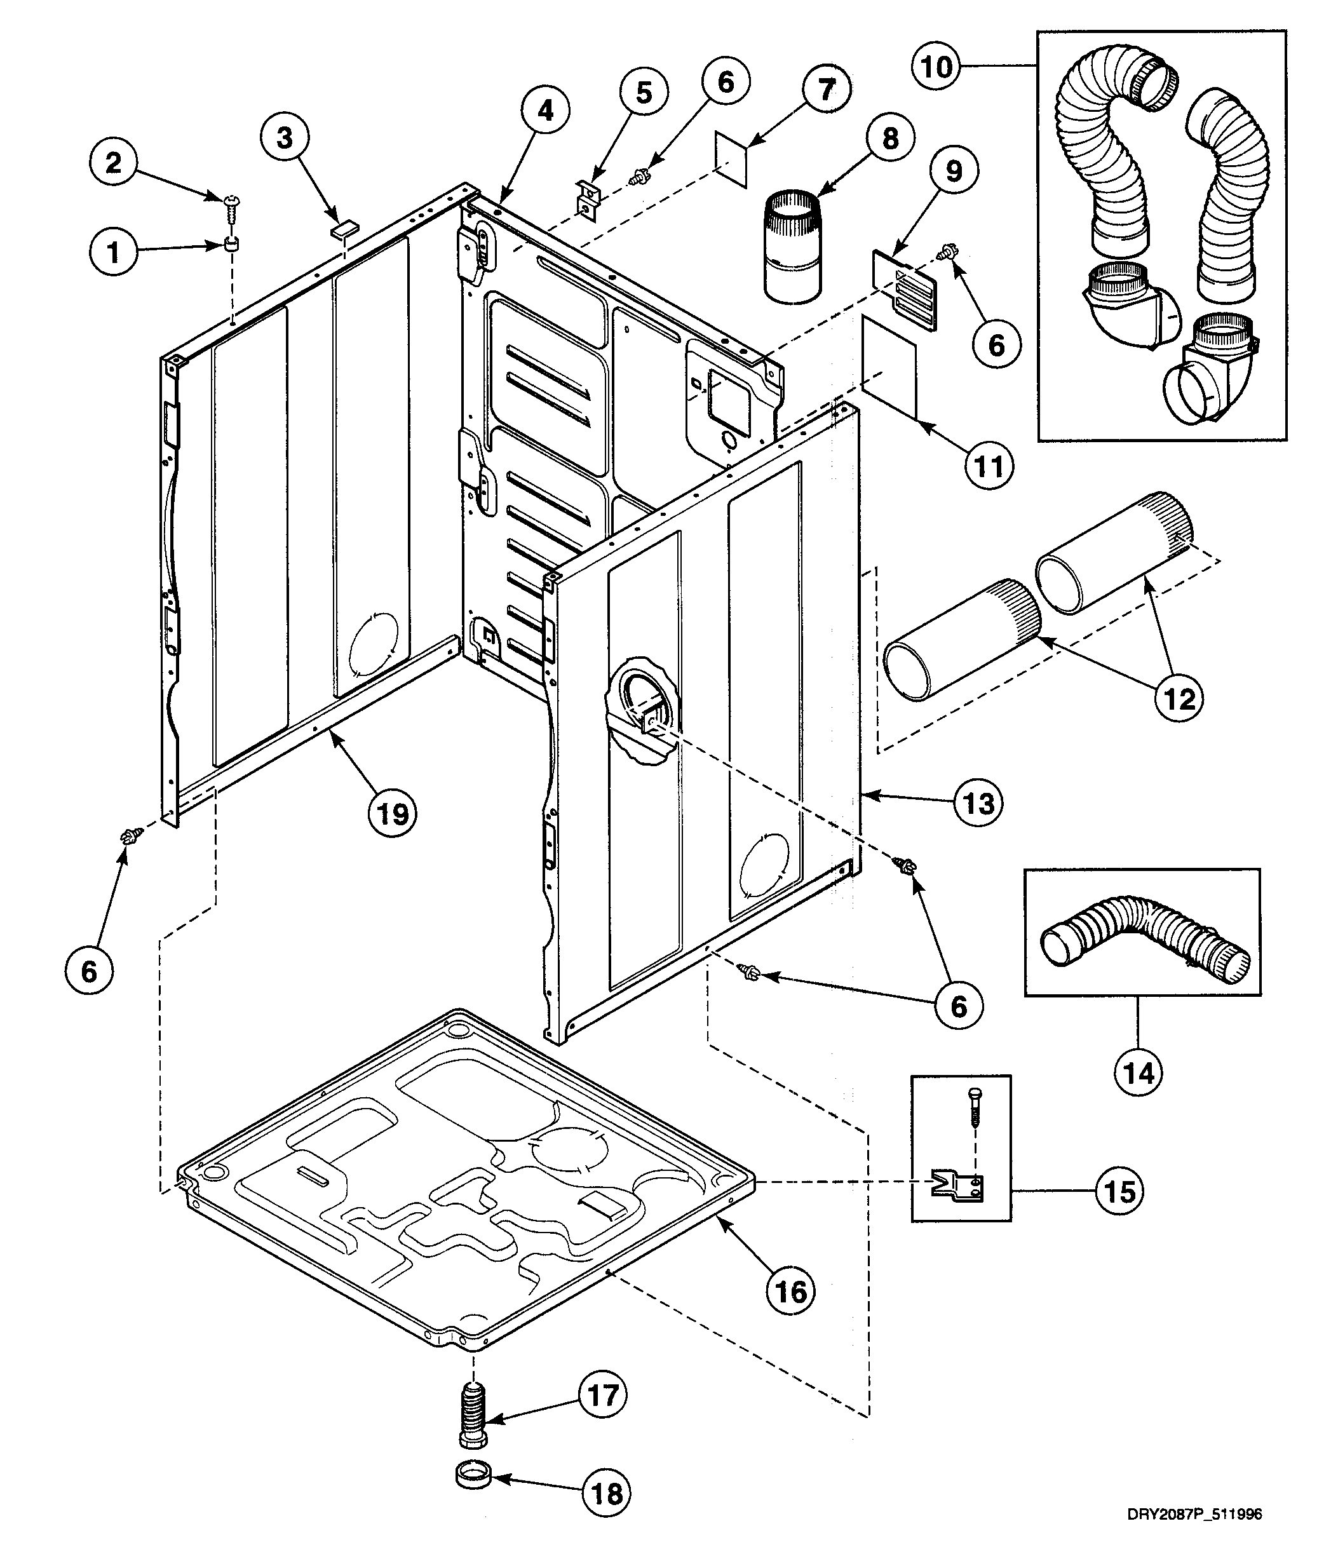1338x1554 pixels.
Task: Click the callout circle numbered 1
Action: pos(113,252)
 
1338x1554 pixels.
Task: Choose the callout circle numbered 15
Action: pos(1119,1191)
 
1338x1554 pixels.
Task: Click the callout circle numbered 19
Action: pos(392,813)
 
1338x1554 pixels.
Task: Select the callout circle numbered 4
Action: pos(545,111)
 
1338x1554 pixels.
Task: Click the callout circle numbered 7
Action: pos(826,90)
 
